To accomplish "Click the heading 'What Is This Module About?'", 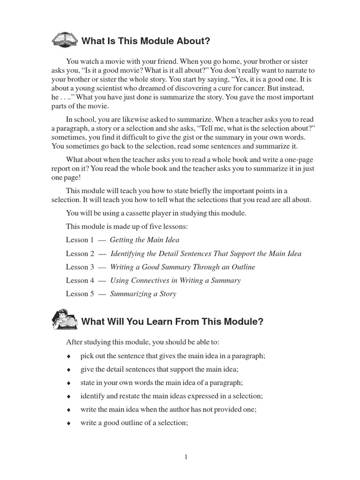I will pos(146,41).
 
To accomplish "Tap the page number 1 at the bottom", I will pos(186,457).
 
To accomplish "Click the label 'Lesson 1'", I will pos(77,240).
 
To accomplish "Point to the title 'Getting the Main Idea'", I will pos(144,240).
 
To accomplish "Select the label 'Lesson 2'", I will pos(77,254).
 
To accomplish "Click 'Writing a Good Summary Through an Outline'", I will pos(182,267).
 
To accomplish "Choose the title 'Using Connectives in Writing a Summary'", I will pos(175,280).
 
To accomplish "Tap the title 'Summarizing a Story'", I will pos(143,294).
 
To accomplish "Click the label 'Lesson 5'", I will pos(77,294).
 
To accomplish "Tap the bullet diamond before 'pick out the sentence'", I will pos(68,356).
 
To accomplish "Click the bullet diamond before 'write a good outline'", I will pos(68,423).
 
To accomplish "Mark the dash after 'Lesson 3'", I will pos(101,267).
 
